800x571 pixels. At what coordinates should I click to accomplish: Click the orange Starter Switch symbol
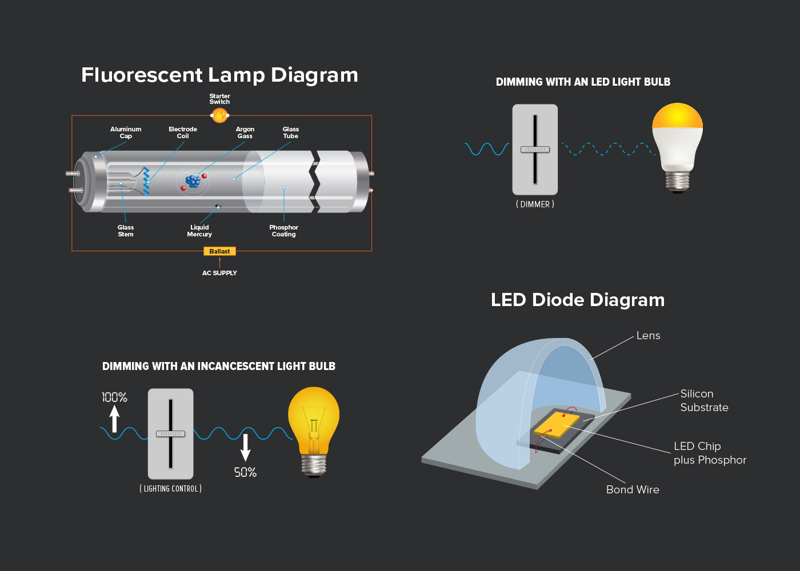tap(219, 115)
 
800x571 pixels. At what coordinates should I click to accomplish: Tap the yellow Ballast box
tap(219, 251)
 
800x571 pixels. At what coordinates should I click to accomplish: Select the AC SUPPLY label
tap(219, 273)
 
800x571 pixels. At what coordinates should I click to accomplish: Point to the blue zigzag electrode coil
tap(146, 182)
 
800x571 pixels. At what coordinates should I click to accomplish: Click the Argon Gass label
tap(245, 132)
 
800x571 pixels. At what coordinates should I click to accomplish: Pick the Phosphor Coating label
tap(283, 231)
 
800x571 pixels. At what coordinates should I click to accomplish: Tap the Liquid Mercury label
tap(199, 231)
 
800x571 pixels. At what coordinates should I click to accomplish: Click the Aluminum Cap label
tap(126, 132)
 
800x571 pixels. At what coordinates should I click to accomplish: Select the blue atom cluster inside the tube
tap(193, 181)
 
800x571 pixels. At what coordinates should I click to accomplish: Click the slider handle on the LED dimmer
tap(535, 150)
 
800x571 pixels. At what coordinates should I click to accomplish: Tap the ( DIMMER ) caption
tap(535, 204)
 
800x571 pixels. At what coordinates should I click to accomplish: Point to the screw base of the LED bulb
tap(678, 182)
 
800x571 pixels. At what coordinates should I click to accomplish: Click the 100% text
tap(115, 397)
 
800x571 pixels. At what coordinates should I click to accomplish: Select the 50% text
tap(245, 472)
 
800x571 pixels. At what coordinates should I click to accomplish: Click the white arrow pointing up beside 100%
tap(114, 419)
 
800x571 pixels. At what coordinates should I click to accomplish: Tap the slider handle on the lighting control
tap(171, 434)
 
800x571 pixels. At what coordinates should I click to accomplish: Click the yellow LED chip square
tap(557, 425)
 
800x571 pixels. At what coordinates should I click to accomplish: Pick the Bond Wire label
tap(633, 490)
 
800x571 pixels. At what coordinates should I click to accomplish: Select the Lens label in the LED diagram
tap(648, 336)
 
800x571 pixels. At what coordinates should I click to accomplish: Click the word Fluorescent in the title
tap(142, 75)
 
